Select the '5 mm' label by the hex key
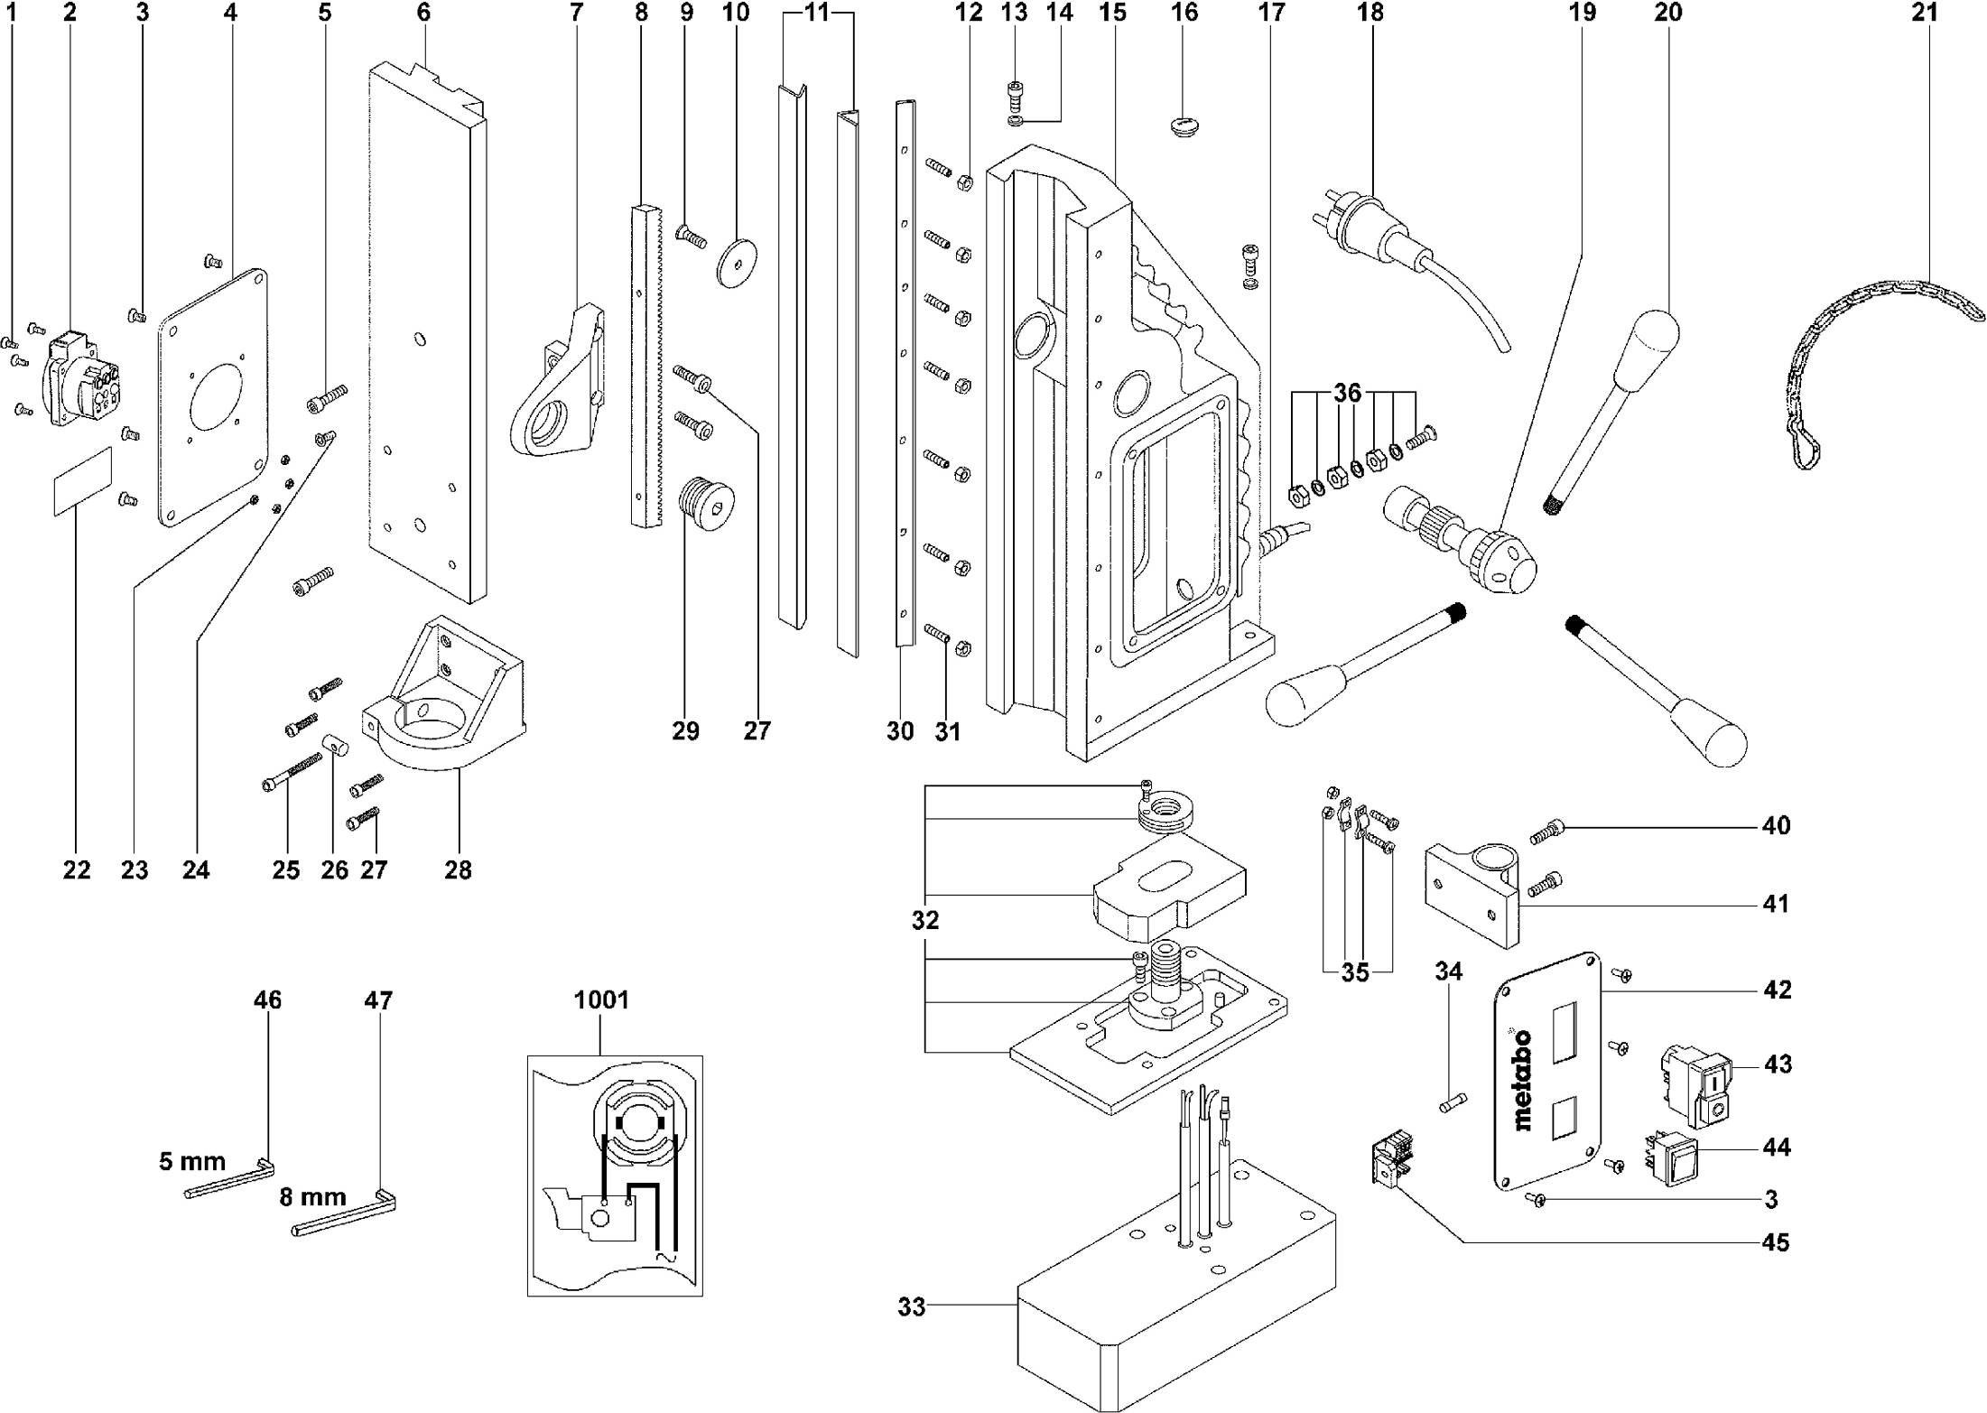(x=191, y=1160)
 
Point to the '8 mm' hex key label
(x=312, y=1197)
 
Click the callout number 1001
(x=601, y=999)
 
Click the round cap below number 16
(x=1184, y=124)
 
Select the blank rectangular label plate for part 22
(x=81, y=483)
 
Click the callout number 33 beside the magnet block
(x=912, y=1306)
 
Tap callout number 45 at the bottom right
(x=1775, y=1242)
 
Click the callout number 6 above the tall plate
(x=423, y=12)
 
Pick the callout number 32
(x=925, y=920)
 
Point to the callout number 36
(x=1347, y=393)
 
